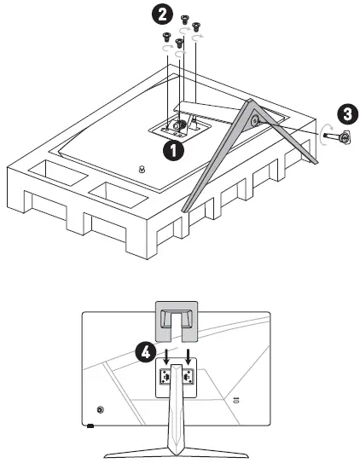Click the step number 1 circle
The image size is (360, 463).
click(x=174, y=150)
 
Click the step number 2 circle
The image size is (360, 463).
click(x=162, y=15)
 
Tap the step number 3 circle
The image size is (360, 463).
click(x=347, y=114)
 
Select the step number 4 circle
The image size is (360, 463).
click(x=145, y=352)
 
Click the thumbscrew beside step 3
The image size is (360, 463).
click(x=340, y=136)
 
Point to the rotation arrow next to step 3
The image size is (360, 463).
click(x=324, y=135)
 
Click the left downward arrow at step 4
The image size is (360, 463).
click(x=166, y=356)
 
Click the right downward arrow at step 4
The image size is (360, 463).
click(x=187, y=356)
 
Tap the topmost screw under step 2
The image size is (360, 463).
click(x=184, y=20)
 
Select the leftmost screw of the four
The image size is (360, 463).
click(x=166, y=38)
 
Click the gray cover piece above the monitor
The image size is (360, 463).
click(x=177, y=321)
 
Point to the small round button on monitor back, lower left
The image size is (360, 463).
click(x=101, y=409)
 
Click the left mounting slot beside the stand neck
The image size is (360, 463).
click(x=165, y=377)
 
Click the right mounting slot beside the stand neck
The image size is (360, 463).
click(x=188, y=377)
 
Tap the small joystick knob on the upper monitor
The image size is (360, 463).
click(x=142, y=169)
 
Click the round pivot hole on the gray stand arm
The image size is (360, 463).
click(x=253, y=119)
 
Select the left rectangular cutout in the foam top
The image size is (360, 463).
click(x=58, y=173)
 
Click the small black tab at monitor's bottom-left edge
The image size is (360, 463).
click(x=90, y=425)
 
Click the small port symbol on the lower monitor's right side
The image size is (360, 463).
click(x=235, y=401)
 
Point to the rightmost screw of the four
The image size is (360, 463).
click(x=195, y=27)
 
